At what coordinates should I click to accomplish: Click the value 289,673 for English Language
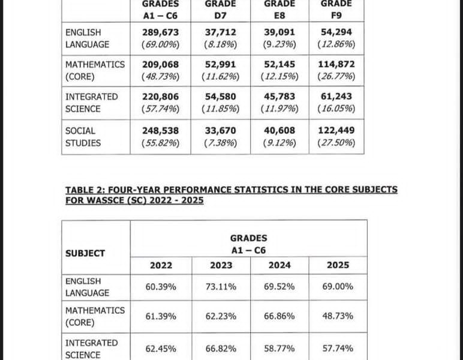point(161,32)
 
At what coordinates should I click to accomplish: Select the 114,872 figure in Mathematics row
point(336,64)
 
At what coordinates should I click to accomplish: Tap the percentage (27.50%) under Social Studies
point(336,143)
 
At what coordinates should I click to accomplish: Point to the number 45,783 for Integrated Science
point(279,96)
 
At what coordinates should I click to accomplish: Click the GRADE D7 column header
point(220,9)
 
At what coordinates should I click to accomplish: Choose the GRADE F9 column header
point(336,9)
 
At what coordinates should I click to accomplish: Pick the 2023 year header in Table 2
point(221,265)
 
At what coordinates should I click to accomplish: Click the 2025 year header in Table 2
point(338,265)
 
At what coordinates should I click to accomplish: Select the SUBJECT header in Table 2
point(85,253)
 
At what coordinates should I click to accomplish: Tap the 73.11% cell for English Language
point(221,287)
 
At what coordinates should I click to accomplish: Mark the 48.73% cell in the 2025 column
point(338,316)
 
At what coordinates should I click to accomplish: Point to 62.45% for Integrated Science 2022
point(161,349)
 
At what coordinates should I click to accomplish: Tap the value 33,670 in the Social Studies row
point(220,130)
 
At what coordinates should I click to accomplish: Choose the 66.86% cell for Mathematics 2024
point(279,316)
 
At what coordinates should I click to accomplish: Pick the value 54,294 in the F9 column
point(336,32)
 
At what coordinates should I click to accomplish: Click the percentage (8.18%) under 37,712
point(220,44)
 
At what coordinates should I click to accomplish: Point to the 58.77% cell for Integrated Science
point(279,349)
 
